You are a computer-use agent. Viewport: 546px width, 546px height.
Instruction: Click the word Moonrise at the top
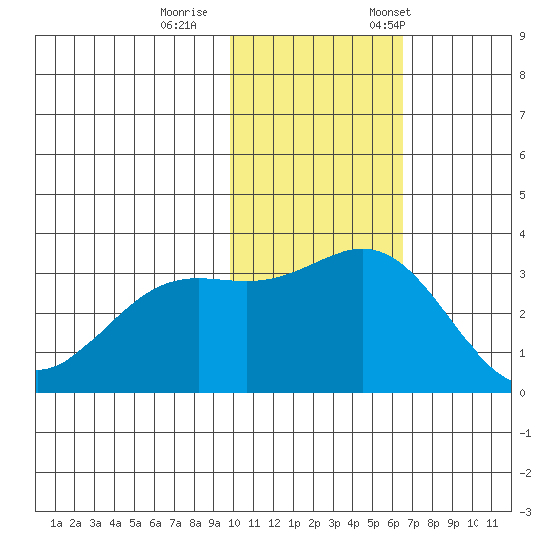tap(184, 12)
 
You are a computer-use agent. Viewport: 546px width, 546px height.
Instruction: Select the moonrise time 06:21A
tap(178, 25)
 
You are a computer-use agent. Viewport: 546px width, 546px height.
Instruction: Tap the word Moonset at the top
tap(390, 12)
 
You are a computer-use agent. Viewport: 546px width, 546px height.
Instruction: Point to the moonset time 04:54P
tap(387, 25)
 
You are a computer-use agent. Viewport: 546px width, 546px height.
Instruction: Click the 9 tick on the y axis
tap(522, 36)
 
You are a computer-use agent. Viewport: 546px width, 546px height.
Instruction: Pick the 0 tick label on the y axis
tap(522, 393)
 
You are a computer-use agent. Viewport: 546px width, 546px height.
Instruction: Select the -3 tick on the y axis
tap(525, 512)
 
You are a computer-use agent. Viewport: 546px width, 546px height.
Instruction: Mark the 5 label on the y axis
tap(522, 195)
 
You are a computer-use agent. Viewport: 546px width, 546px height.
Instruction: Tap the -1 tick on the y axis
tap(525, 433)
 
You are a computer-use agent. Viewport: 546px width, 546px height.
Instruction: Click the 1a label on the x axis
tap(56, 523)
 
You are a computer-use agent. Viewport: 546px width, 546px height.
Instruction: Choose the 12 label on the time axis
tap(274, 523)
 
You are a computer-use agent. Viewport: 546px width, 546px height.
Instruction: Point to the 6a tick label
tap(155, 523)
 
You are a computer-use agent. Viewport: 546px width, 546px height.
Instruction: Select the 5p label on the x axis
tap(373, 523)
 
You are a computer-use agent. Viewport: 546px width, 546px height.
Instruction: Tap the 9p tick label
tap(453, 523)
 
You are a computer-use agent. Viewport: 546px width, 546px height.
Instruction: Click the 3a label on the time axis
tap(95, 523)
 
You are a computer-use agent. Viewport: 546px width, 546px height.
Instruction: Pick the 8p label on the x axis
tap(433, 523)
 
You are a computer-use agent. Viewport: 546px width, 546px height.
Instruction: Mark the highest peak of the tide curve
tap(362, 249)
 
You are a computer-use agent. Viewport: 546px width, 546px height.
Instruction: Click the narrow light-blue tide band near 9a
tap(222, 336)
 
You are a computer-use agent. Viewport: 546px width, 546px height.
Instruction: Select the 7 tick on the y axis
tap(522, 115)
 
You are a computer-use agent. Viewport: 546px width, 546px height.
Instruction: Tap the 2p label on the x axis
tap(314, 523)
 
